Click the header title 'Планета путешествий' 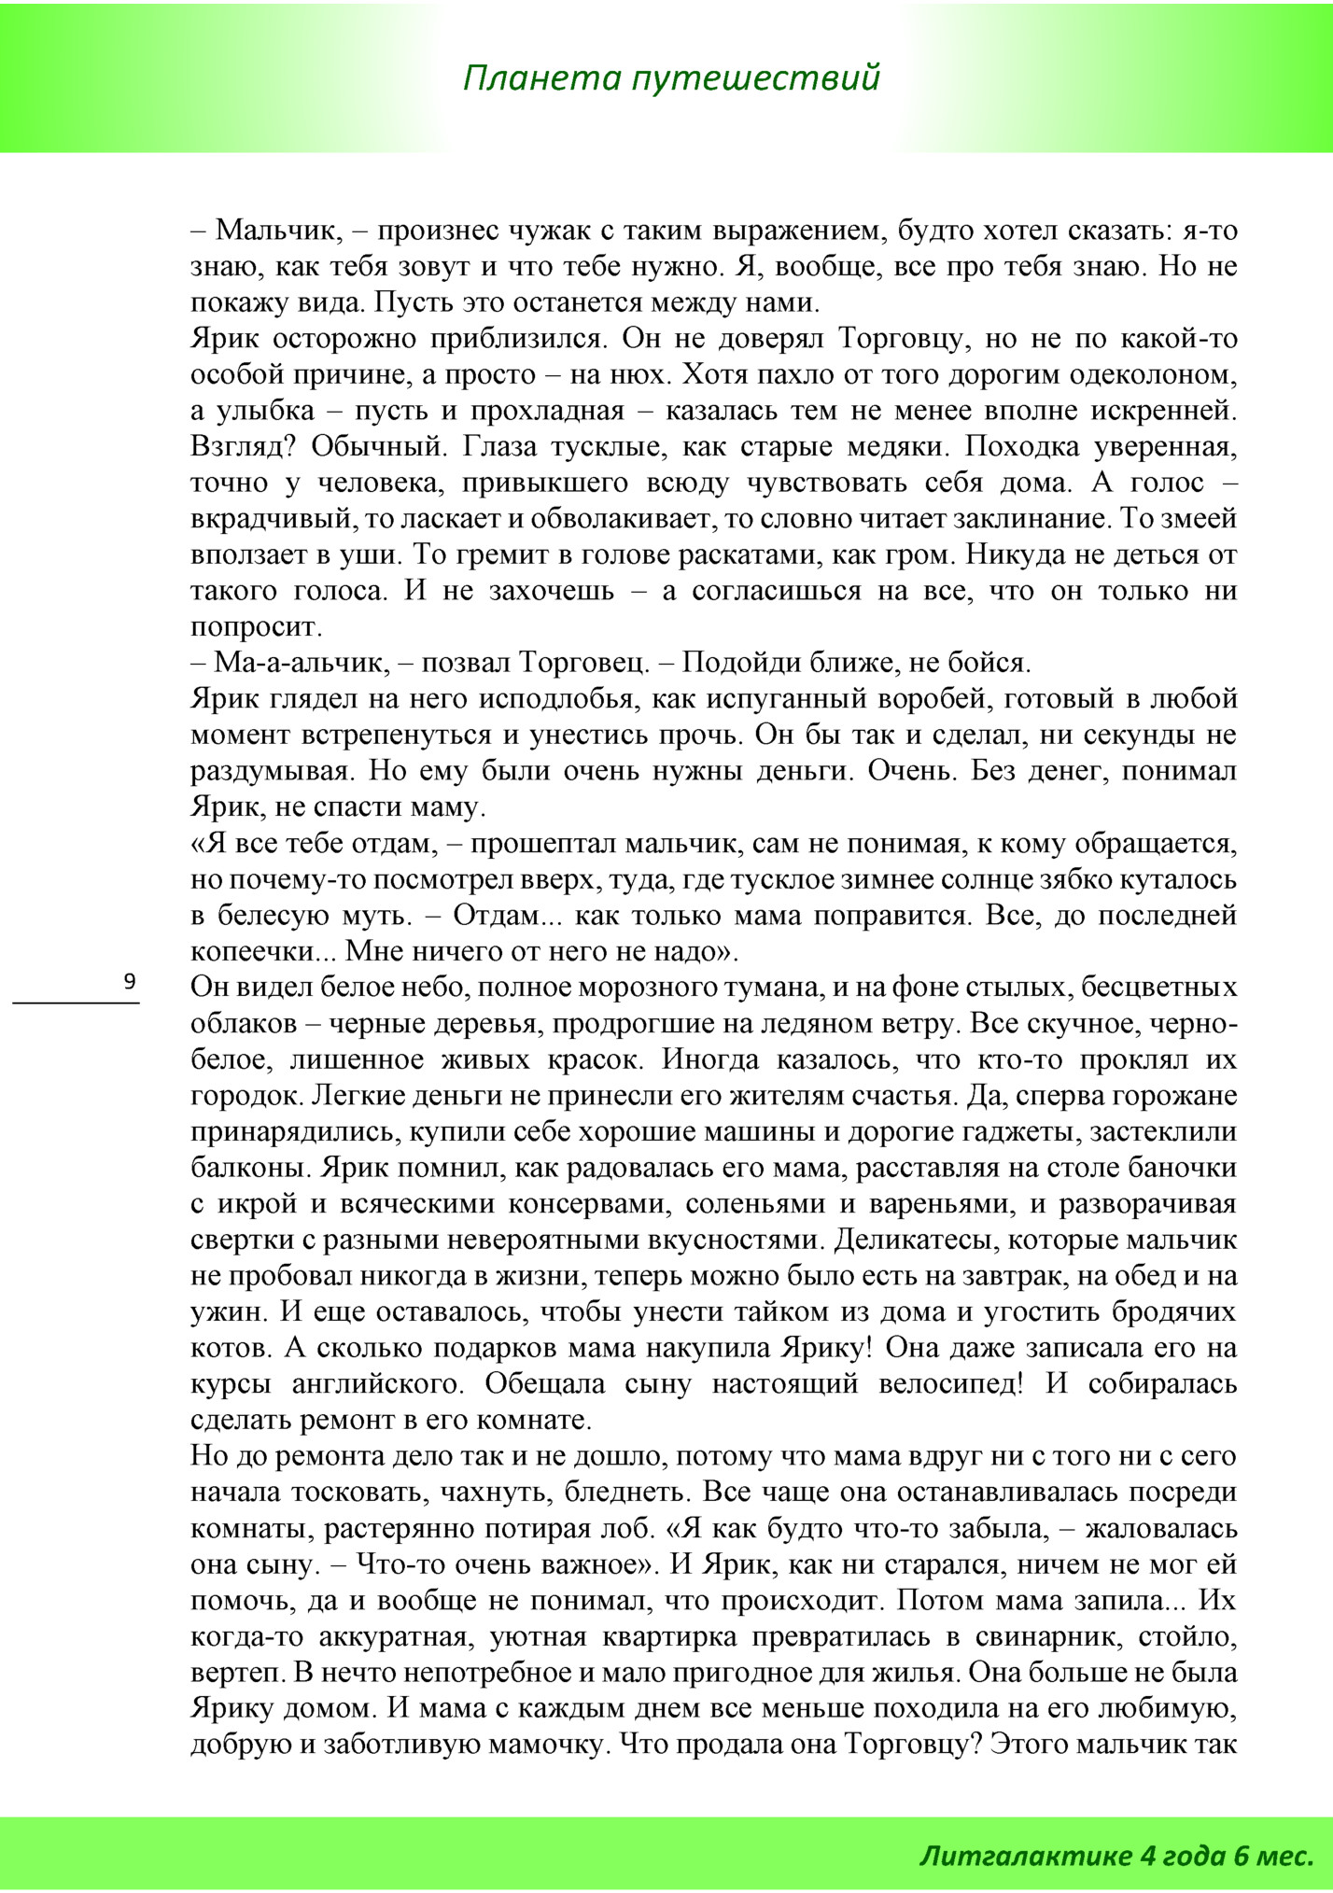[671, 77]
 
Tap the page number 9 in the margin [130, 981]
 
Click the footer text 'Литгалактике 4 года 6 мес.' [1116, 1855]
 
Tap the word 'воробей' [918, 699]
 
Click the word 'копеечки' [257, 951]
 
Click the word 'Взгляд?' [243, 447]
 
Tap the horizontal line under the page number [76, 1003]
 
